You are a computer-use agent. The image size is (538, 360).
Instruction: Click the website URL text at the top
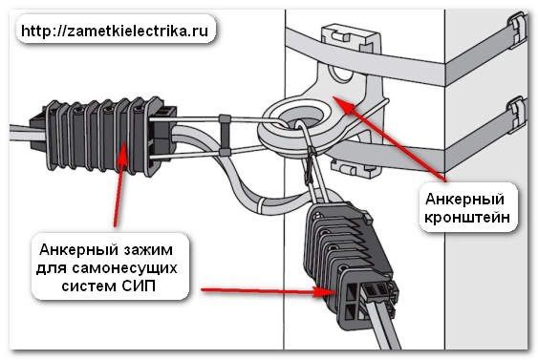pyautogui.click(x=113, y=28)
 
